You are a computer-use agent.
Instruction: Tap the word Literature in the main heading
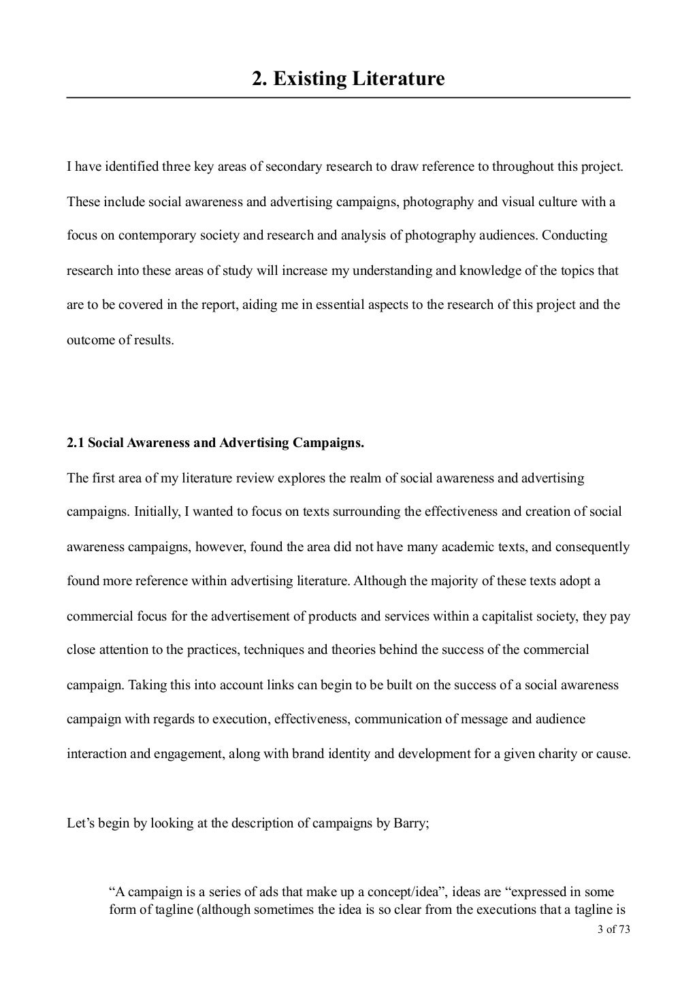pyautogui.click(x=398, y=79)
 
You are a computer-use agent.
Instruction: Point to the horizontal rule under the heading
pyautogui.click(x=348, y=98)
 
